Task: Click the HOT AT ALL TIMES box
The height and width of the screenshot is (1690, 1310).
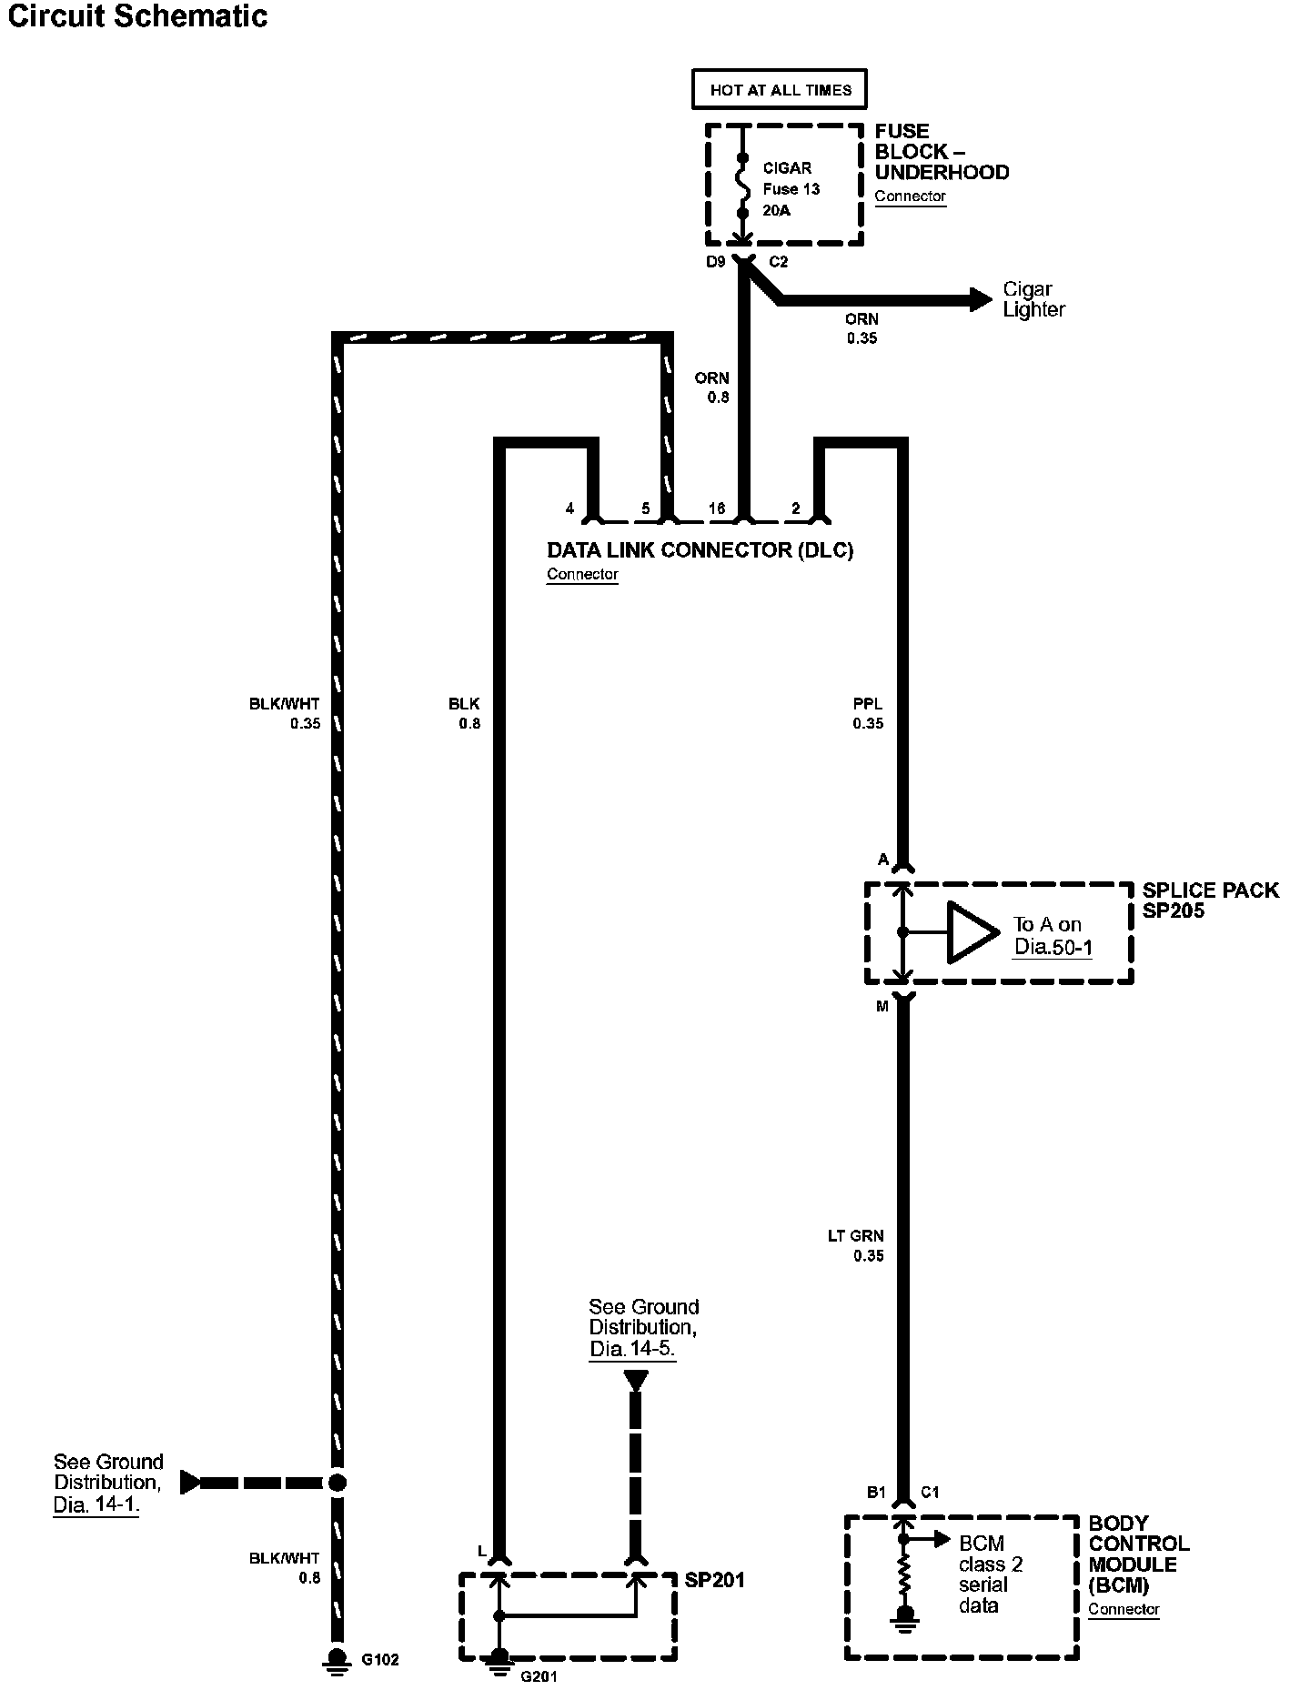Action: (780, 90)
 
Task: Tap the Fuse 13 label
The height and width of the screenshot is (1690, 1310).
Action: (791, 189)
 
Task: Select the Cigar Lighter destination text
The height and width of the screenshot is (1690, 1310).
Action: (1033, 299)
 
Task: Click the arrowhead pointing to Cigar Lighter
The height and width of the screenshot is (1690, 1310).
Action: (981, 299)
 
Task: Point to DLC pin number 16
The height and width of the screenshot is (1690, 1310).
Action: (717, 508)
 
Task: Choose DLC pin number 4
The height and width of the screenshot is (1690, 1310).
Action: (569, 508)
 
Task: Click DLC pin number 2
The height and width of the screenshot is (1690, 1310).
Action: (795, 508)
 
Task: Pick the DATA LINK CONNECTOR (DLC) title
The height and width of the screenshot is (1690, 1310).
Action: (700, 550)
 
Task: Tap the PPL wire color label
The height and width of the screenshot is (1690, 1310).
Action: (868, 704)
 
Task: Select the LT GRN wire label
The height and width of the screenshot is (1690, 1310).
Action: (855, 1236)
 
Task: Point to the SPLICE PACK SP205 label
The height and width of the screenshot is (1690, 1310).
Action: (1210, 900)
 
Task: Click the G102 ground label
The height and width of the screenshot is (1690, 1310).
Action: (380, 1659)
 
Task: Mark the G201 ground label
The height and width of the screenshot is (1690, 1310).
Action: (539, 1675)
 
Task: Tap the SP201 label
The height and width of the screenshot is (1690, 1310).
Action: (715, 1580)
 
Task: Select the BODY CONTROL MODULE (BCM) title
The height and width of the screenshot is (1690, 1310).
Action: (1138, 1554)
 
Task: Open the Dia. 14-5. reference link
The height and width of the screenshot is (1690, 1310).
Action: (632, 1349)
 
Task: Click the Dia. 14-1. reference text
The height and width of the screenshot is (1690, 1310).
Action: (96, 1505)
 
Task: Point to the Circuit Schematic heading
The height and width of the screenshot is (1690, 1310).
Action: (136, 16)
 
